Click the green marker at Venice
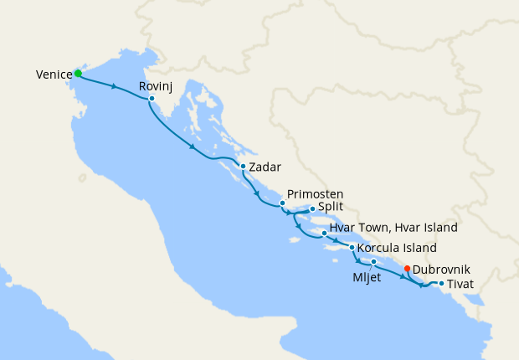[x=78, y=74]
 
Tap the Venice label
[x=54, y=75]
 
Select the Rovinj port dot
[x=152, y=99]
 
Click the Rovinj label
[x=156, y=86]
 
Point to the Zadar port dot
[x=243, y=167]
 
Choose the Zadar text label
[x=265, y=167]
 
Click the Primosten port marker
[x=282, y=203]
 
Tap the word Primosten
[x=309, y=193]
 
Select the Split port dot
[x=311, y=209]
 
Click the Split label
[x=331, y=209]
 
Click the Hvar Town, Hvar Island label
[x=393, y=228]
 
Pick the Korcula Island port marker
[x=352, y=248]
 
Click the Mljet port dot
[x=374, y=263]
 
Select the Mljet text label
[x=366, y=278]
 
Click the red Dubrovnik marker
[x=407, y=269]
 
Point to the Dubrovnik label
[x=441, y=270]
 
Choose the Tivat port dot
[x=441, y=284]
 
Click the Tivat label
[x=460, y=285]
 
